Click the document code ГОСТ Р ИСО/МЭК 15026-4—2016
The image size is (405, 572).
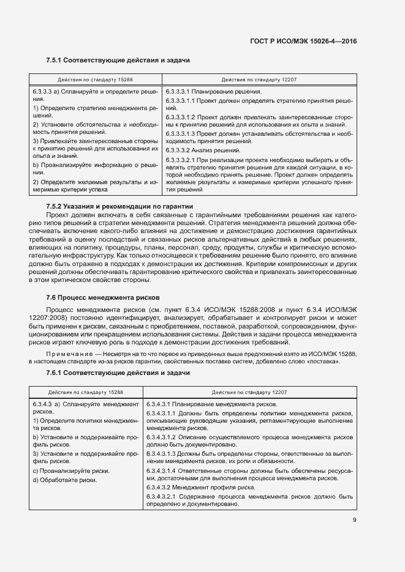(x=303, y=41)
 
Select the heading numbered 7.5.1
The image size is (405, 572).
(x=118, y=61)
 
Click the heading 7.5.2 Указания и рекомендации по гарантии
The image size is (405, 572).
(x=119, y=207)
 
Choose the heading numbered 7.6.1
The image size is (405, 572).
(x=118, y=373)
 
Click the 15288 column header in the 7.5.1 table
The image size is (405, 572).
(x=95, y=80)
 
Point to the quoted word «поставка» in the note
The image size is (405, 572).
(x=327, y=362)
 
